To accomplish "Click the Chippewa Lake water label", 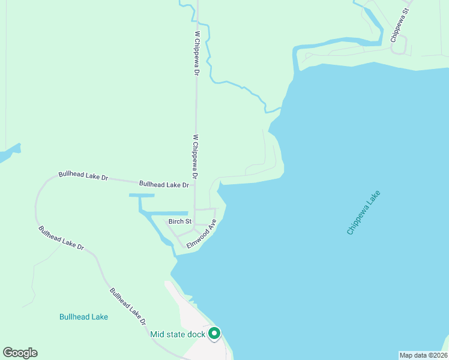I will coord(364,212).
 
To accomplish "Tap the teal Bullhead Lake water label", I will coord(84,317).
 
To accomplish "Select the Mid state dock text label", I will coord(178,334).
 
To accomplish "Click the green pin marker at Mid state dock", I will coord(214,334).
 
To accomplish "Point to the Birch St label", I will coord(179,221).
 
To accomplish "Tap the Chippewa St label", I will coord(400,25).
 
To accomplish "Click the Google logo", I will coord(20,353).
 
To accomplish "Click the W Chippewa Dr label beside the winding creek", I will coord(196,53).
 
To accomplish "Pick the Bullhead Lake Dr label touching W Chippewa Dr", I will coord(164,184).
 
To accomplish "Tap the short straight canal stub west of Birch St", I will coord(142,196).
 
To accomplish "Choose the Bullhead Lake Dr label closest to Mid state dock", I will coord(128,306).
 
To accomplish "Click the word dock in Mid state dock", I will coord(197,334).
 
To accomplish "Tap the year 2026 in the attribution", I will coord(438,355).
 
